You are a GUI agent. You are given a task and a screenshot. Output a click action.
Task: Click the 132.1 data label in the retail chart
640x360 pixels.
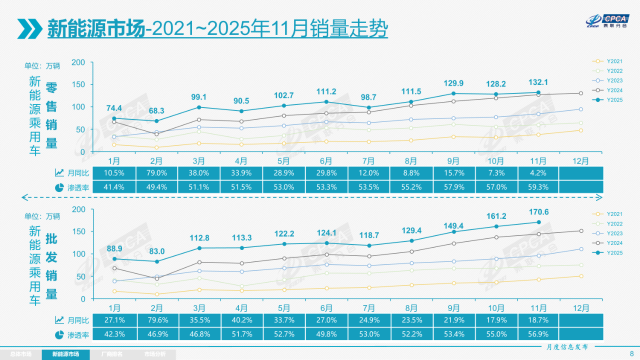pos(538,82)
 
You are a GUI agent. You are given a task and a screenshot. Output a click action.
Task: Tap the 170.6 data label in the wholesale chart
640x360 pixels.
pos(538,212)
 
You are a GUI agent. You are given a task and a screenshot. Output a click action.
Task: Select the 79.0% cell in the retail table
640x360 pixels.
pos(156,172)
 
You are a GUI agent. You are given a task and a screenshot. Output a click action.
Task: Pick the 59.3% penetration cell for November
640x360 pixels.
pos(538,187)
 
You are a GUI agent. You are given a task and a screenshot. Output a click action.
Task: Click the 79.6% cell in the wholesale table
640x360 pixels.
pos(156,319)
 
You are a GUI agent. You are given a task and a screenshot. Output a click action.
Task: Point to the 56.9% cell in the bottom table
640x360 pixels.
pos(538,334)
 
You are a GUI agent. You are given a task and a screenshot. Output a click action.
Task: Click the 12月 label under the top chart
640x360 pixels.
pos(580,160)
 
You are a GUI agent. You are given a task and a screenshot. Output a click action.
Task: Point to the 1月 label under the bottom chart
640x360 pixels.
pos(114,307)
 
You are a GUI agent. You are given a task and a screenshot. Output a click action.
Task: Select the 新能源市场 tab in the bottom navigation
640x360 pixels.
pos(65,354)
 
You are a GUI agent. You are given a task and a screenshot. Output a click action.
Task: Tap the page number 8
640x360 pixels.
pos(631,353)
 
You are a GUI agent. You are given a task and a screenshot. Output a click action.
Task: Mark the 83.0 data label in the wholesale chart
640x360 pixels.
pos(156,251)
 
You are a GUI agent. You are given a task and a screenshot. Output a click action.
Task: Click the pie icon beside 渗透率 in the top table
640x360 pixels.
pos(59,187)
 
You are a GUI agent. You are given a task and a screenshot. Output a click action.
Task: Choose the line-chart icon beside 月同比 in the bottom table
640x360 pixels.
pos(59,319)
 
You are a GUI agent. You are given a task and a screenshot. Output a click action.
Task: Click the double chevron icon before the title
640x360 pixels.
pos(29,28)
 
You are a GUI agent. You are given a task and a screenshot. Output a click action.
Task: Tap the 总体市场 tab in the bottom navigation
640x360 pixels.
pos(20,354)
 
